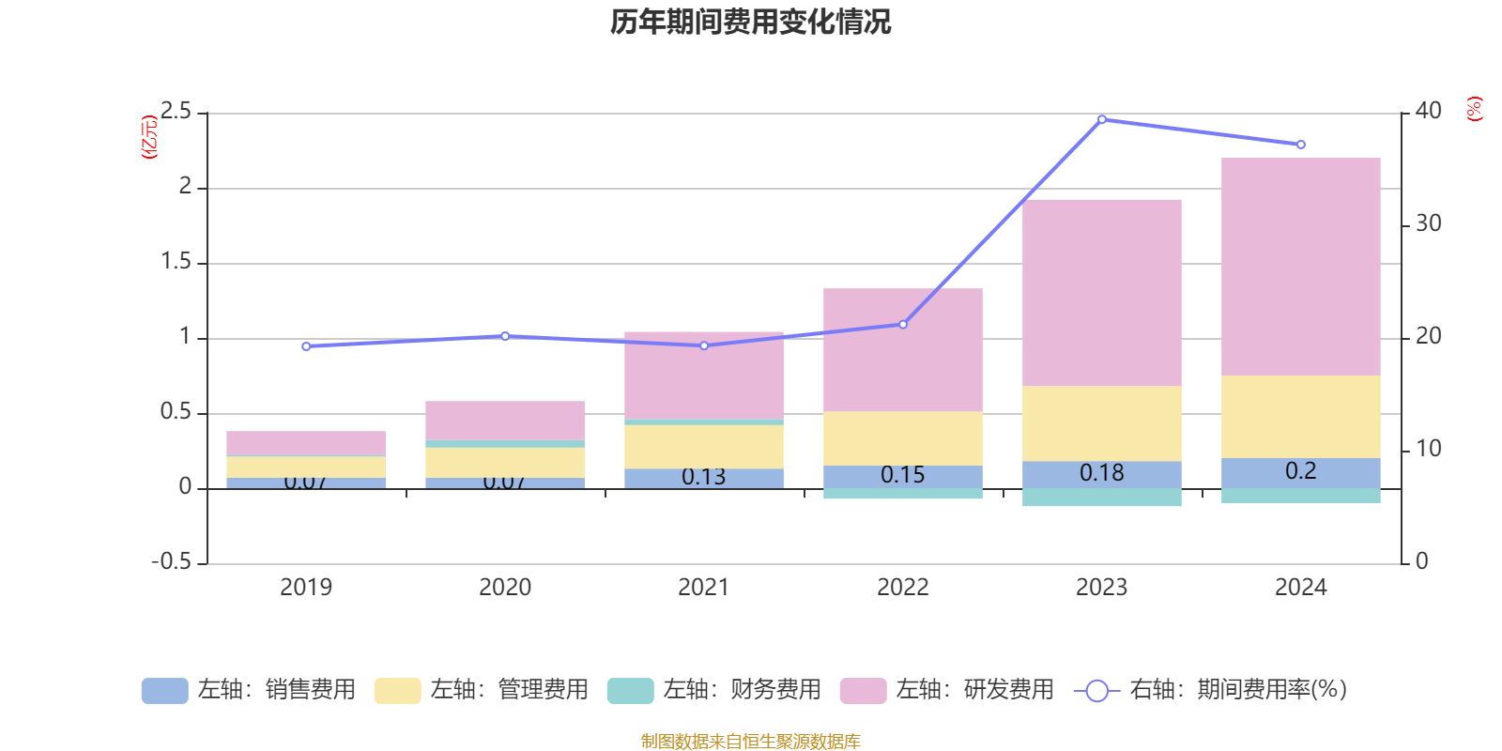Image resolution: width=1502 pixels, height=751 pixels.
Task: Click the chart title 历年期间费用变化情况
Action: [750, 22]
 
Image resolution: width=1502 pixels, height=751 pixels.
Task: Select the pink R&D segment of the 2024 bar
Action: [1300, 268]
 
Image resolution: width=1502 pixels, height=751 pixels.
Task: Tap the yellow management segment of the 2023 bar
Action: [1101, 423]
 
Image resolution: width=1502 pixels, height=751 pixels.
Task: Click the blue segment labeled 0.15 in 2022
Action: [902, 476]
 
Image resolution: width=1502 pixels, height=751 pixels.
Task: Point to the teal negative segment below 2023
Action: [1101, 498]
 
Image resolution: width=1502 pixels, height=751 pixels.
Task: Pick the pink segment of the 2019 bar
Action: [306, 443]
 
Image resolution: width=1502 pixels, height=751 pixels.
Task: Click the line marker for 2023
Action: [1101, 119]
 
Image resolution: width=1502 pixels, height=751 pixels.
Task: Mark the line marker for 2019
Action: [306, 346]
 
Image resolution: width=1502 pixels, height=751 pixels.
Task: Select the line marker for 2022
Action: [903, 325]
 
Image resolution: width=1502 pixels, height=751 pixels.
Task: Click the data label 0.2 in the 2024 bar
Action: [1300, 471]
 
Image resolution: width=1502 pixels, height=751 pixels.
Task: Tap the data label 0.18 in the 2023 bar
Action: [1101, 473]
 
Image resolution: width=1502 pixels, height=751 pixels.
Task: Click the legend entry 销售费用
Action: [250, 690]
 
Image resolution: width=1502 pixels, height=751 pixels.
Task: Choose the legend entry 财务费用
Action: [715, 690]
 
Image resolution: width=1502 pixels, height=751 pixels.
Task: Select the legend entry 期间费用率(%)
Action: [1211, 690]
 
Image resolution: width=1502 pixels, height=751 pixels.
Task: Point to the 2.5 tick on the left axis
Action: [176, 112]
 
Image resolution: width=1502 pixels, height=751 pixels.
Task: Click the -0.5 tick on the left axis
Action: [171, 561]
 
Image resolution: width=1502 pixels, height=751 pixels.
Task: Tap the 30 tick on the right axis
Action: [1428, 223]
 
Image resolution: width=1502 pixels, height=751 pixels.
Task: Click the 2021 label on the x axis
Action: [703, 588]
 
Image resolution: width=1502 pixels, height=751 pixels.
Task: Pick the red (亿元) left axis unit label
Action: [148, 137]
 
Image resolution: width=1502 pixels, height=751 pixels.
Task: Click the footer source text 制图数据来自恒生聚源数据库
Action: [750, 742]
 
